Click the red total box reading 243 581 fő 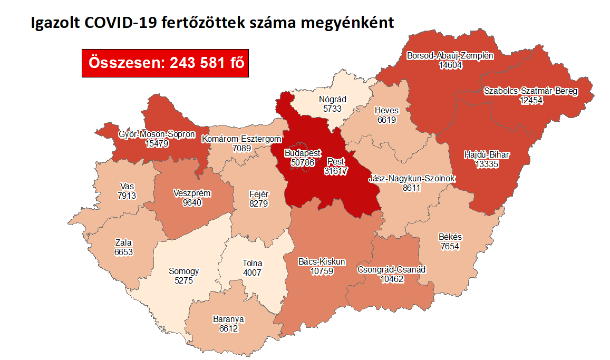(x=165, y=63)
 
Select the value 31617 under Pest (x=336, y=171)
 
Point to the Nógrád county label (x=333, y=99)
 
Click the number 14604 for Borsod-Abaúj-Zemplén (x=450, y=65)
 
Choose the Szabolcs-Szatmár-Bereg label (x=531, y=91)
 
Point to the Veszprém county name (x=192, y=193)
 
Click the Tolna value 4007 (x=252, y=273)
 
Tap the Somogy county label (x=184, y=271)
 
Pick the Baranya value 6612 (x=229, y=328)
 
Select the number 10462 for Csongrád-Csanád (x=391, y=279)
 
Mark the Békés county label (x=450, y=237)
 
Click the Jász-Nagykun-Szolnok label (x=412, y=178)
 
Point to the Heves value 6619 (x=386, y=120)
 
